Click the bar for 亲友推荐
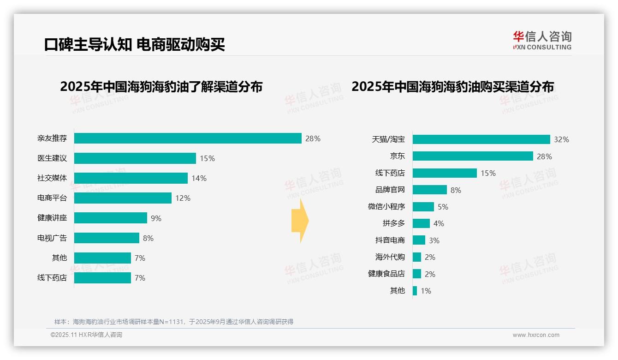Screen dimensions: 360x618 click(x=188, y=138)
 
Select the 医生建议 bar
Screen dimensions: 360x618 click(x=135, y=158)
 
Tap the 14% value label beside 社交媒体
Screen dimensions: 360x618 click(x=199, y=178)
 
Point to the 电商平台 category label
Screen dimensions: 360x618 click(x=52, y=198)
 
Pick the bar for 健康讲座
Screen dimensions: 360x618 click(x=111, y=218)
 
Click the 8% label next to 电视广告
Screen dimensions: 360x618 click(x=148, y=238)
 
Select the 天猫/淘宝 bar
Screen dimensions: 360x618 click(x=481, y=139)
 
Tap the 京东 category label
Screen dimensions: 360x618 click(x=397, y=156)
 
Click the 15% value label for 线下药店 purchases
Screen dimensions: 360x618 click(x=488, y=173)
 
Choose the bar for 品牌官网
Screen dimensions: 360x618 click(x=430, y=190)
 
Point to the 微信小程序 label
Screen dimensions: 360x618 click(x=386, y=206)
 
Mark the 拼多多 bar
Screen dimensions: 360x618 click(x=421, y=223)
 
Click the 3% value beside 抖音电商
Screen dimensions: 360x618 click(x=434, y=240)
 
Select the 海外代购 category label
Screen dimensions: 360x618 click(x=390, y=257)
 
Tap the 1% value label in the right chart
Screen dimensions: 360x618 click(x=426, y=291)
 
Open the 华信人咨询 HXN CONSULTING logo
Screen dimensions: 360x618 click(x=542, y=41)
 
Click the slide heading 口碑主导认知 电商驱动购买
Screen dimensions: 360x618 click(x=134, y=45)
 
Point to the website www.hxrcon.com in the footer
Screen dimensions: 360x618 click(x=536, y=335)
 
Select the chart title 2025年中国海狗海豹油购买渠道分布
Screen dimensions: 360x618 click(x=452, y=87)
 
